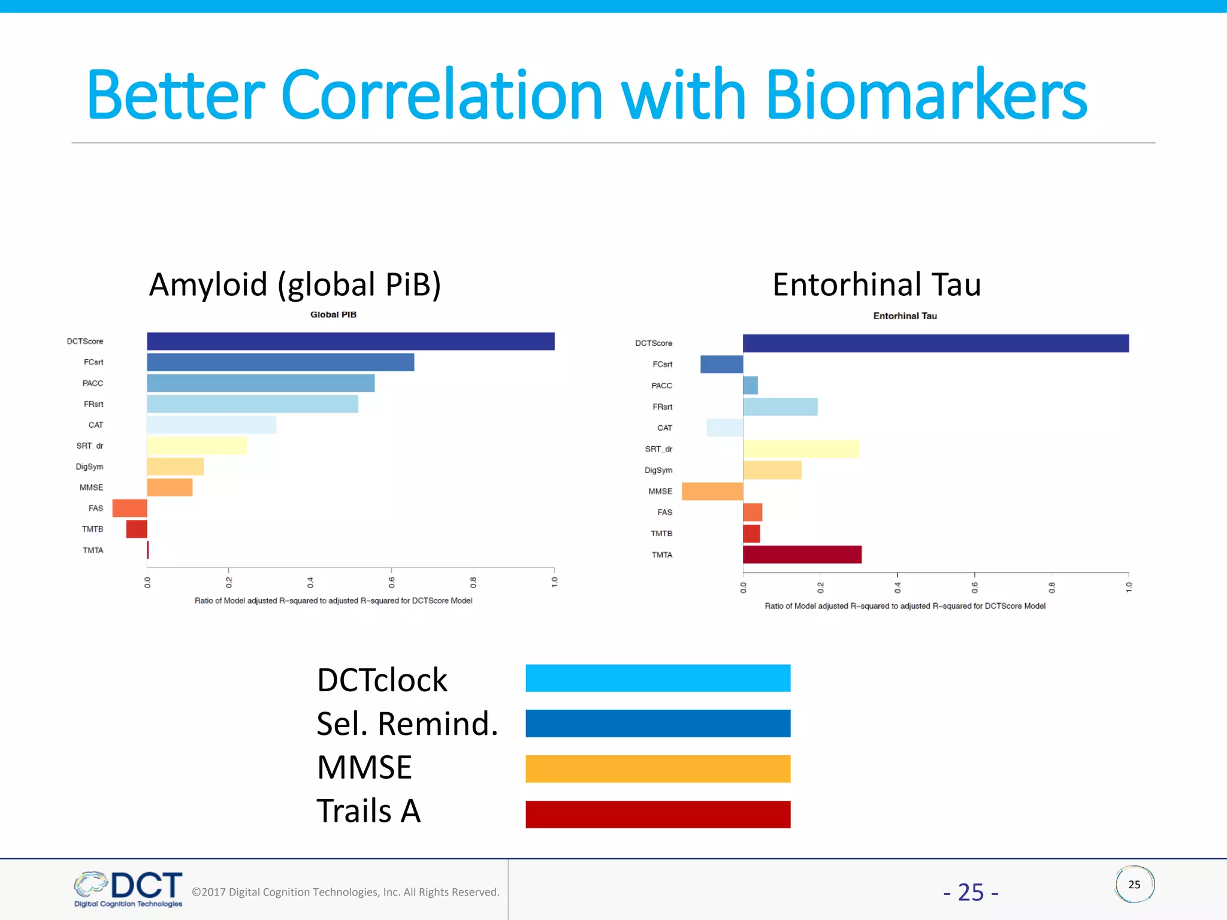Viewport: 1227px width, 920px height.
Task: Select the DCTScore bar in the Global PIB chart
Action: point(350,341)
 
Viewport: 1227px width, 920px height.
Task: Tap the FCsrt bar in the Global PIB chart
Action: point(280,362)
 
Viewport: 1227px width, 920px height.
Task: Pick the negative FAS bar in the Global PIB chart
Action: point(129,508)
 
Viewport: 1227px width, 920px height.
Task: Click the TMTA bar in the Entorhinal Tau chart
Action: point(802,555)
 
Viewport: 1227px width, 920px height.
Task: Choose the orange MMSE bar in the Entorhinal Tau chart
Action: point(712,491)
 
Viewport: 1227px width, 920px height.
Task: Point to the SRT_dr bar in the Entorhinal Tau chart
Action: point(800,449)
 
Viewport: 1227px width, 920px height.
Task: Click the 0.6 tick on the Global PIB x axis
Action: point(391,581)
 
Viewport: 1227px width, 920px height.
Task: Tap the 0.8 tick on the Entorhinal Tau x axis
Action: point(1051,587)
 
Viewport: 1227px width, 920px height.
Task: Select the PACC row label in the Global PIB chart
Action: point(93,383)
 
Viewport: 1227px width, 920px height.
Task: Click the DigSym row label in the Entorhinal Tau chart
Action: point(658,470)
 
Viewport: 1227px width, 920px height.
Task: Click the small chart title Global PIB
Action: point(333,314)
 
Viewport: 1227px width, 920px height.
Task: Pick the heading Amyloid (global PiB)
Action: point(295,285)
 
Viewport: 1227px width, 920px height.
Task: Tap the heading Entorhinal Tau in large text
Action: point(877,285)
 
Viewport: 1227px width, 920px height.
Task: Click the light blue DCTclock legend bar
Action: point(658,678)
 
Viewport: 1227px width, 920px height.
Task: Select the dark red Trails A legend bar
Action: point(658,815)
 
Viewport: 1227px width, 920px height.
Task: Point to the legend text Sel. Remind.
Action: point(407,724)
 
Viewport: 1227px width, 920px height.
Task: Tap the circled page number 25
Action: point(1134,885)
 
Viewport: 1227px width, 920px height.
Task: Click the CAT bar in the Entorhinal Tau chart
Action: point(725,428)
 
